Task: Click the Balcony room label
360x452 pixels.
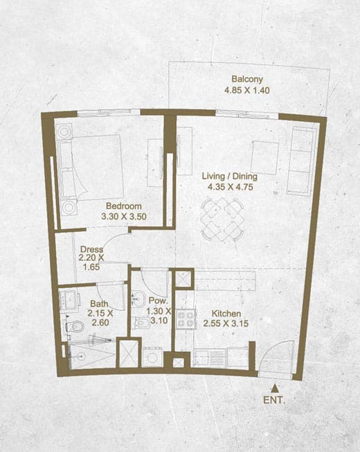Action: (x=247, y=79)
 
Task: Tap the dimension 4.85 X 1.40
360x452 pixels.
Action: (x=247, y=90)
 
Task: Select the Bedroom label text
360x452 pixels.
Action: (x=124, y=206)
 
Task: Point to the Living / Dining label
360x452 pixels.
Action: (x=229, y=176)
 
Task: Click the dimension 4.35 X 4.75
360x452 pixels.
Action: (x=231, y=187)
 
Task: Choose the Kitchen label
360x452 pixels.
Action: (x=226, y=314)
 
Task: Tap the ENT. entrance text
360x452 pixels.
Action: (x=274, y=400)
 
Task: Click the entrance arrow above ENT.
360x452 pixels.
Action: (x=276, y=388)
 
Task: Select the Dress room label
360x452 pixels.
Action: (x=91, y=249)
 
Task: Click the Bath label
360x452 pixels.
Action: (x=99, y=304)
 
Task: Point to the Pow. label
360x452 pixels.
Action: (x=159, y=300)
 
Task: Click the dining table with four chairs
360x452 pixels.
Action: (x=222, y=219)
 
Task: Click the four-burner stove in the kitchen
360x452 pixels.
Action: (x=186, y=319)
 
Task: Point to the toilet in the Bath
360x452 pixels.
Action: (x=74, y=327)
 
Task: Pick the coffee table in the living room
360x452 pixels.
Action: (x=265, y=157)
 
